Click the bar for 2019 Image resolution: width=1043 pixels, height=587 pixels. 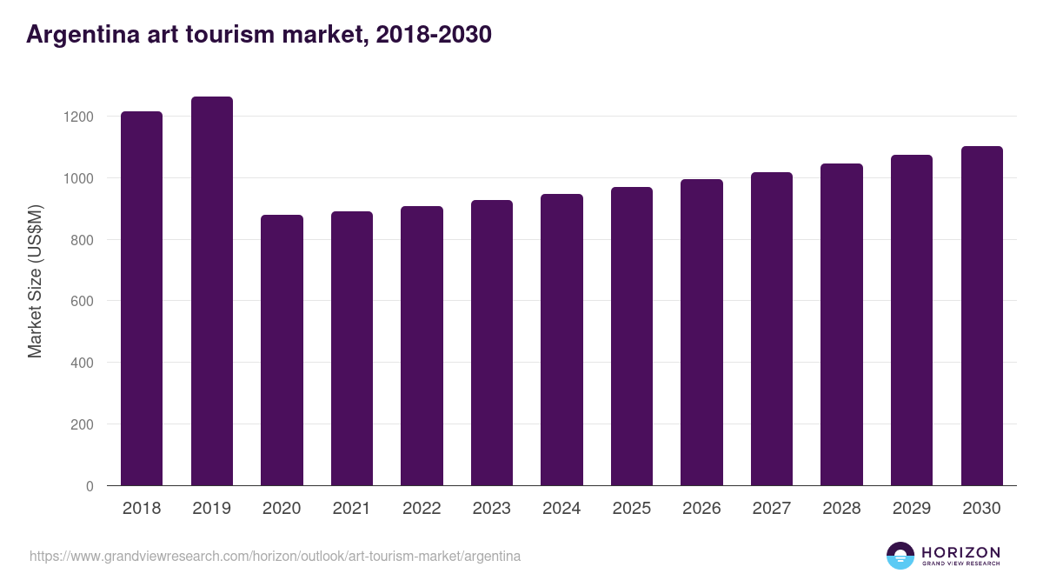(x=212, y=291)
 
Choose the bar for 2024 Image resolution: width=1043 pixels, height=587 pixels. (x=561, y=340)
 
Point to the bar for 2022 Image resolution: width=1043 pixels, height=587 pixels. (x=422, y=346)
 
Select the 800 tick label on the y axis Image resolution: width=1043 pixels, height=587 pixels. (x=83, y=240)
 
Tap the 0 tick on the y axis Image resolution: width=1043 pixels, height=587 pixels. (x=90, y=487)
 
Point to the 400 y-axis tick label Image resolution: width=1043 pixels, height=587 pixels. (x=83, y=364)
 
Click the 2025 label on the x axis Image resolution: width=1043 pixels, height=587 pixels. (x=631, y=509)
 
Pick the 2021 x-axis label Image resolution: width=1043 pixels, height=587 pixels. (x=351, y=509)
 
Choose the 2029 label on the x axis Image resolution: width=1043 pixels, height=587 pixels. (x=911, y=509)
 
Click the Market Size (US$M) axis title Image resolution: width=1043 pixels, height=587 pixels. (x=35, y=281)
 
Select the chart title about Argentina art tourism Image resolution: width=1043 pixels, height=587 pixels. (x=259, y=35)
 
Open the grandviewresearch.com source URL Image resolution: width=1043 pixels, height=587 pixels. (x=275, y=556)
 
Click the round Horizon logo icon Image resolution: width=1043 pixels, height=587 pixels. (x=900, y=556)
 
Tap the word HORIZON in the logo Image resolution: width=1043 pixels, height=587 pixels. (x=960, y=552)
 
